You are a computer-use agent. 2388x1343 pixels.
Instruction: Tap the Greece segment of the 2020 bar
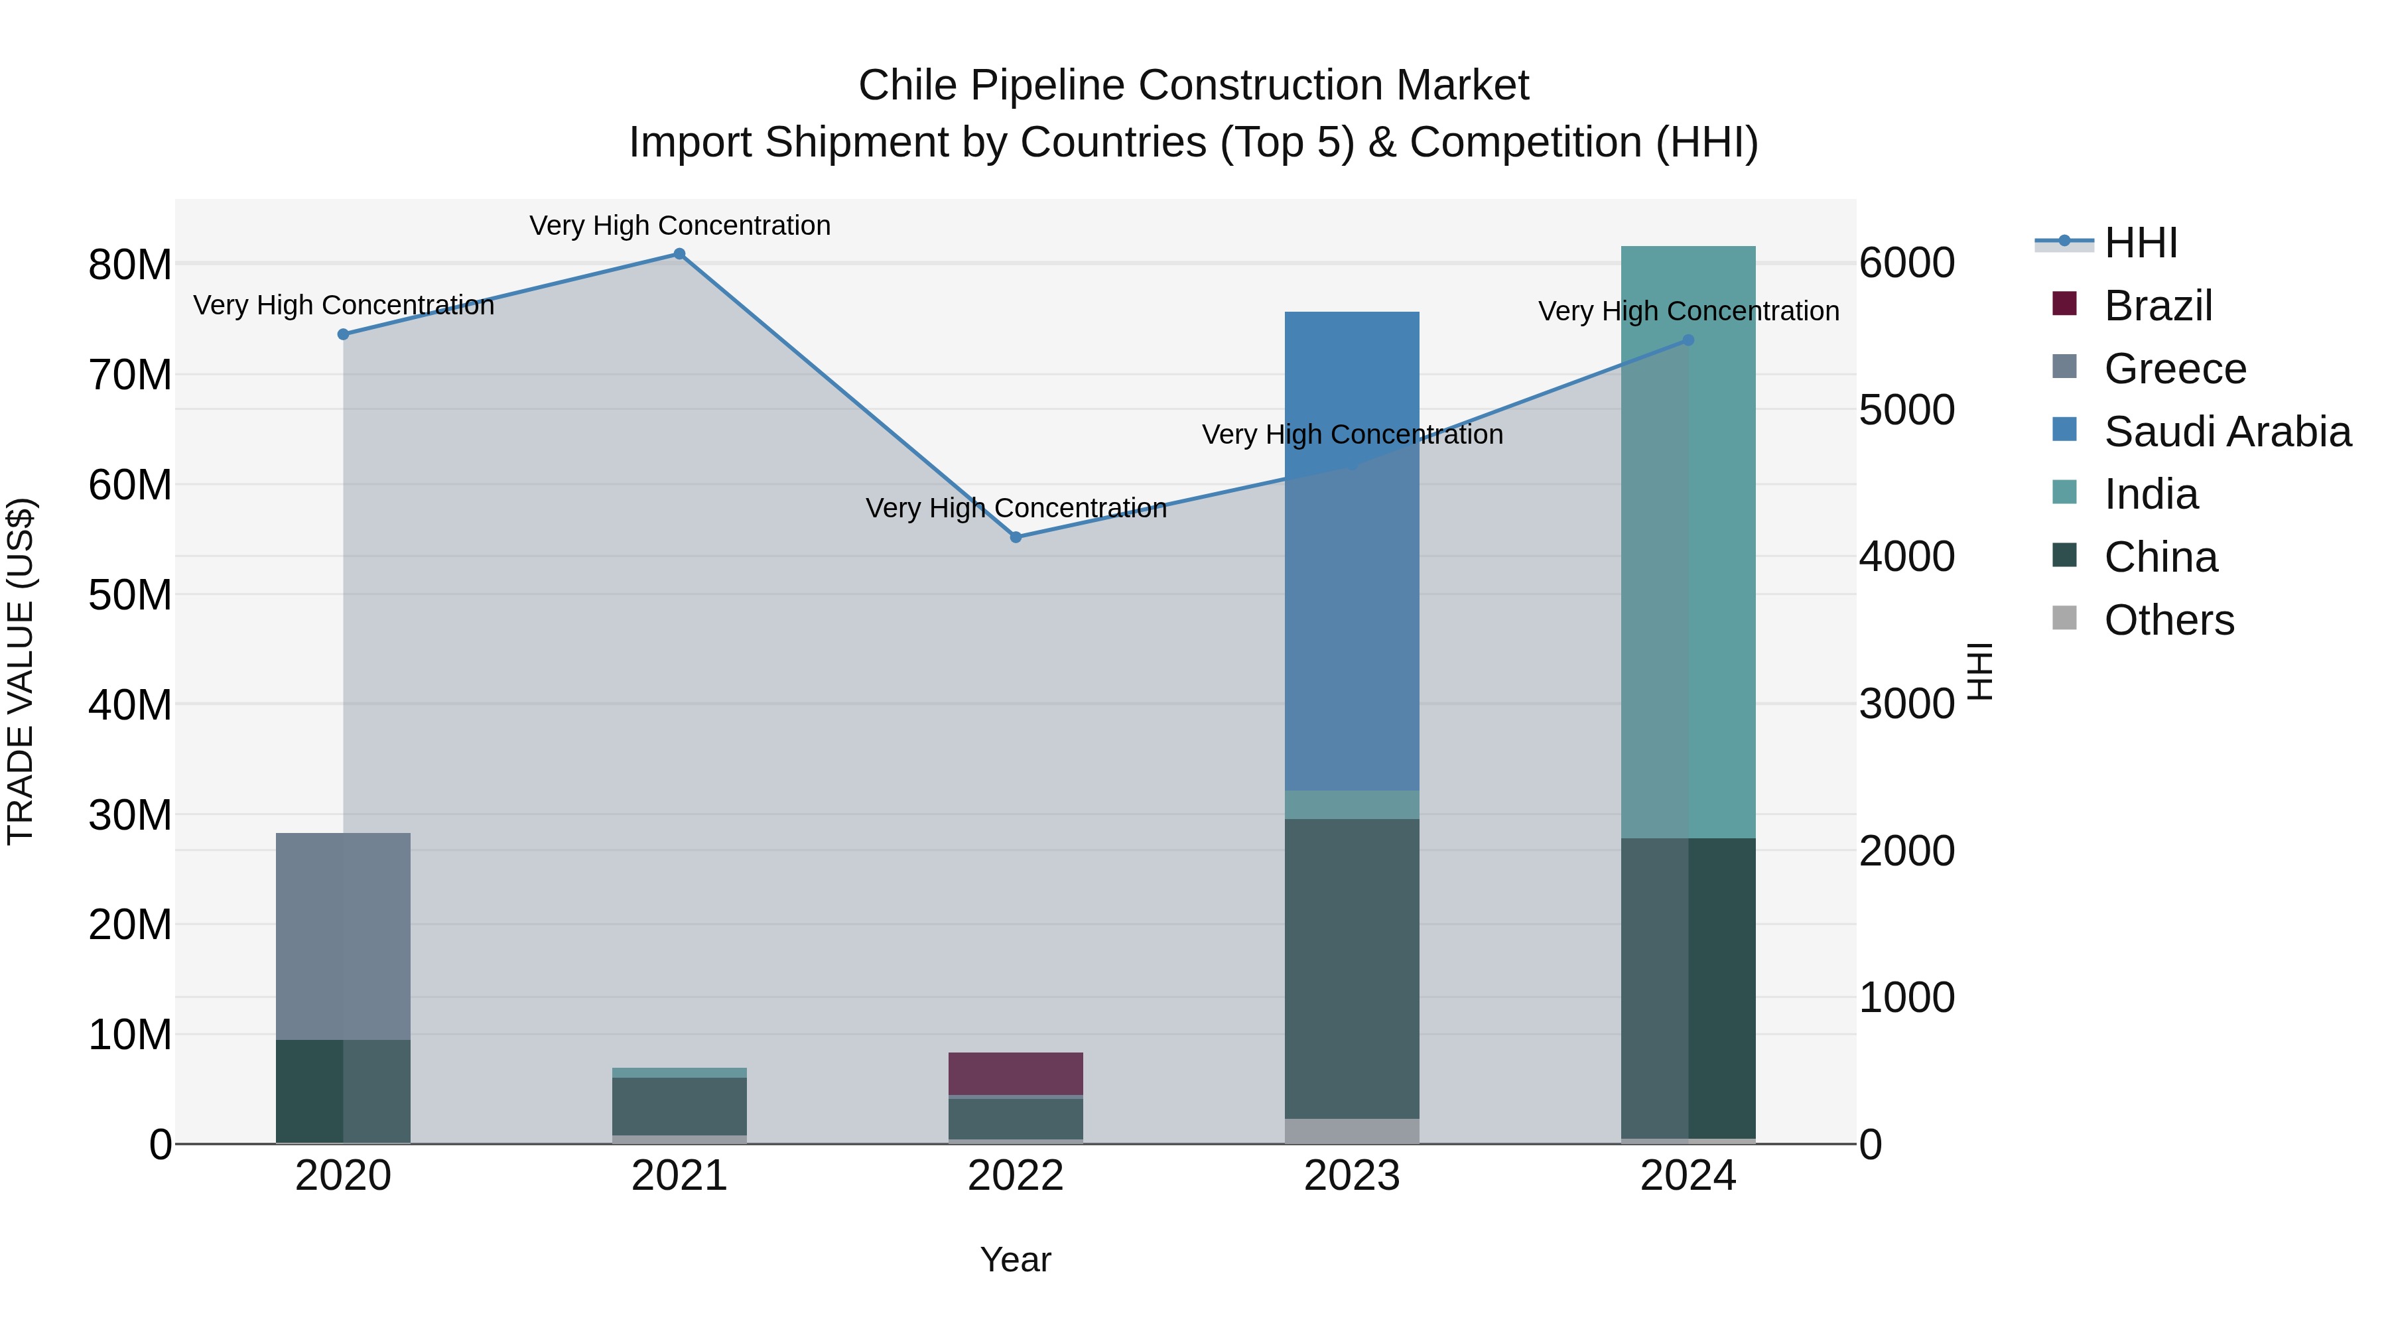coord(343,935)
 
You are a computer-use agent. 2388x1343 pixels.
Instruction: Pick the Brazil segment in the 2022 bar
coord(1015,1073)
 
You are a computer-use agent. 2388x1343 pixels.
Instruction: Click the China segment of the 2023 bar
coord(1352,968)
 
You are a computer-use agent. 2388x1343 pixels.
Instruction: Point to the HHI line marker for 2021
coord(679,254)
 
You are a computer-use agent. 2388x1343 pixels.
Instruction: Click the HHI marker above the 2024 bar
coord(1688,340)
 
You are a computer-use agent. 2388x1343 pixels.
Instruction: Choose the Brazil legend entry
coord(2157,306)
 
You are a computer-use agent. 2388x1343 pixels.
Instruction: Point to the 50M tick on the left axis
coord(130,595)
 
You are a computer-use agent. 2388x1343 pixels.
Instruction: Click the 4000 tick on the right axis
coord(1907,556)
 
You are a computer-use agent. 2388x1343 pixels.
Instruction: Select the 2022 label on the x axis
coord(1015,1176)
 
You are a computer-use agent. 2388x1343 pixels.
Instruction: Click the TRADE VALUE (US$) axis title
coord(21,671)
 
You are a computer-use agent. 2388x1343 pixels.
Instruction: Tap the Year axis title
coord(1015,1259)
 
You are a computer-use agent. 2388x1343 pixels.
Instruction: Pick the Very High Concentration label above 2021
coord(679,225)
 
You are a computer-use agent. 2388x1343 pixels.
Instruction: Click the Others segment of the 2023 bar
coord(1352,1131)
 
